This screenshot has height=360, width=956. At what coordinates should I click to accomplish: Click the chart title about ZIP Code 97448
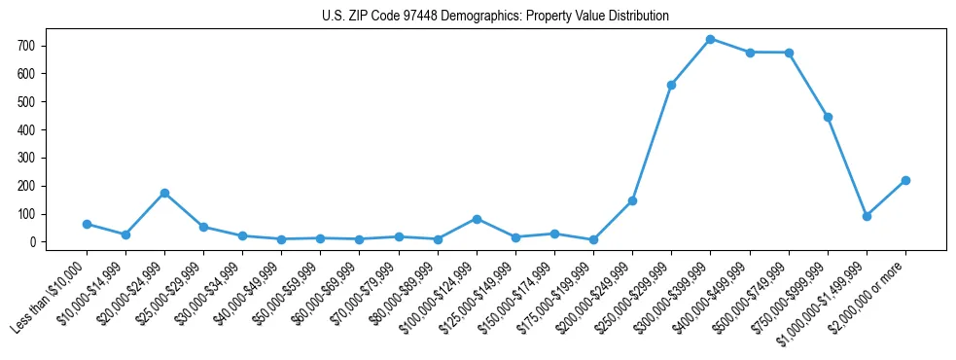coord(495,17)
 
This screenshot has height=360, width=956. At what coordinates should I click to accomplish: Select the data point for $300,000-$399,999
coord(710,39)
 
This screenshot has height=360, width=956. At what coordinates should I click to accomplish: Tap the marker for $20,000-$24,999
coord(164,193)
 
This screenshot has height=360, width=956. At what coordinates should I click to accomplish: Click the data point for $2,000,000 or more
coord(905,180)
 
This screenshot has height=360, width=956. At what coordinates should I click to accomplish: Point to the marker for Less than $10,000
coord(87,224)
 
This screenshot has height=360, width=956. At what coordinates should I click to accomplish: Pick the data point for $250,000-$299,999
coord(671,85)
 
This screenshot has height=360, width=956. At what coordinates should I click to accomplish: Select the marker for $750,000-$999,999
coord(828,117)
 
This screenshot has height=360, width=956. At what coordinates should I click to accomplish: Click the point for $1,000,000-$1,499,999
coord(867,216)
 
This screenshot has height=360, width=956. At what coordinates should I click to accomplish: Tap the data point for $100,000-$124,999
coord(477,219)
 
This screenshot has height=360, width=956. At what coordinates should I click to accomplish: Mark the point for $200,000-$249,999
coord(632,200)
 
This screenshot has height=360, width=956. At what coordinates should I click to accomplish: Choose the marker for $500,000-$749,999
coord(789,53)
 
